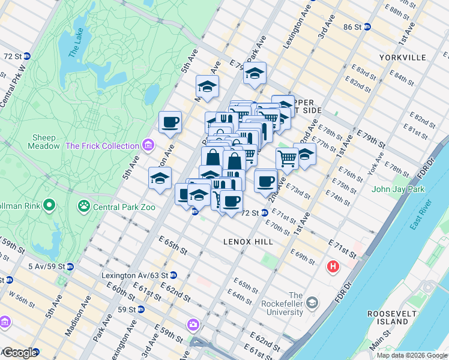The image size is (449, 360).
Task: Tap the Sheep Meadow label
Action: pos(43,142)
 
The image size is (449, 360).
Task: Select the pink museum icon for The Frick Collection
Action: pos(148,146)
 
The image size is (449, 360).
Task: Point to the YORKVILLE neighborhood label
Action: pos(402,58)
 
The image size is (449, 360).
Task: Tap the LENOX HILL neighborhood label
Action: pos(248,241)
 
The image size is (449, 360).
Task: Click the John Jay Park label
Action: pos(397,190)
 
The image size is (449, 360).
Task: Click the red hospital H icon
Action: pos(333,266)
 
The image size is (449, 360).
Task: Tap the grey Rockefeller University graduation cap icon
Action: pos(312,302)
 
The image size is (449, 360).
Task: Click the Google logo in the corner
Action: pos(20,353)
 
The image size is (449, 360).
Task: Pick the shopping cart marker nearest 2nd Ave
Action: pos(287,159)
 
